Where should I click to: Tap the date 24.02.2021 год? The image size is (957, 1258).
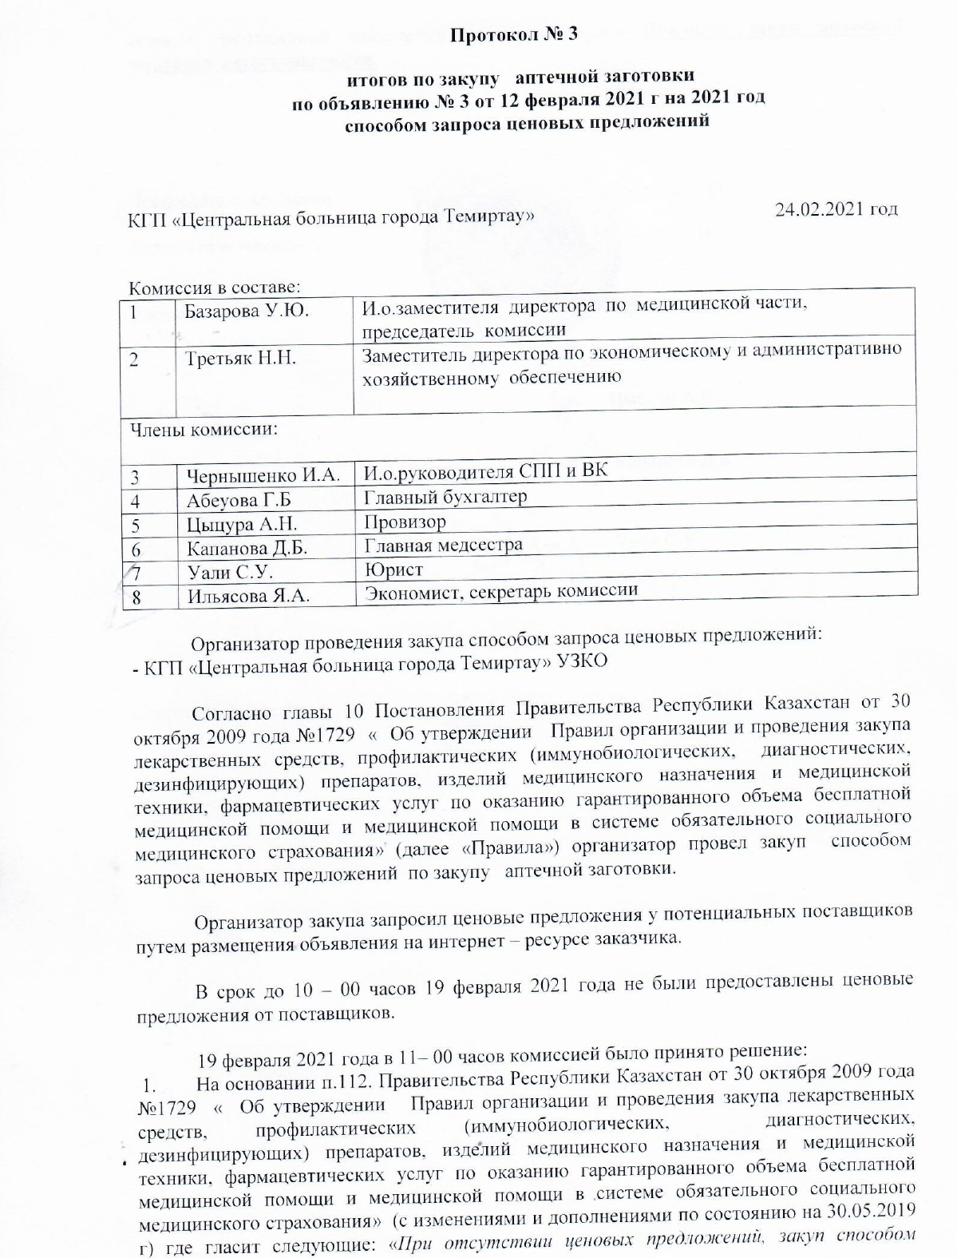[x=836, y=209]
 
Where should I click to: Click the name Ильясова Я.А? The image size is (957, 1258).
[x=247, y=596]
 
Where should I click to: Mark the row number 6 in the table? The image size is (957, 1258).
[x=136, y=550]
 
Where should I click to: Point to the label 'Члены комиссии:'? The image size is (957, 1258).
[x=204, y=430]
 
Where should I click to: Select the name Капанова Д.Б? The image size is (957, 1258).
[x=247, y=549]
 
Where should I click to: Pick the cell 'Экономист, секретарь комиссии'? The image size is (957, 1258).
[x=500, y=591]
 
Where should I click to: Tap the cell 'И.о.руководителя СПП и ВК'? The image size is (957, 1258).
[x=485, y=472]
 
